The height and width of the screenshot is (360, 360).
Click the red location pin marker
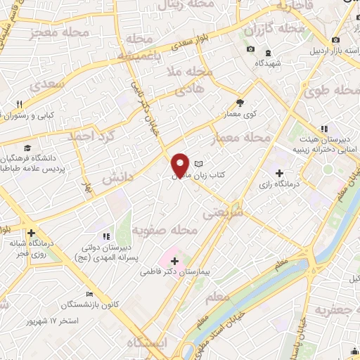(x=181, y=165)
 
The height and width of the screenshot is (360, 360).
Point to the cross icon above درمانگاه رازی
(x=279, y=172)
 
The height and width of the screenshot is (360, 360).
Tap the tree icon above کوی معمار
(x=240, y=103)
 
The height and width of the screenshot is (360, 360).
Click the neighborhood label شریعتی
(x=224, y=210)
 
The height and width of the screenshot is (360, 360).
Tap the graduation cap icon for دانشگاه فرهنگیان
(x=27, y=148)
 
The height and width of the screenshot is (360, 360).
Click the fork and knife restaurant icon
(x=19, y=104)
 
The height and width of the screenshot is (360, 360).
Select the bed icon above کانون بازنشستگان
(x=89, y=295)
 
